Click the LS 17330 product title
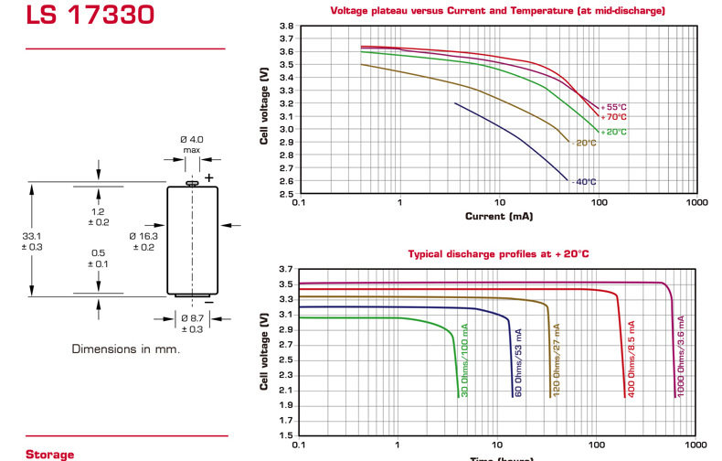tap(90, 14)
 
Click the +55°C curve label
tap(614, 107)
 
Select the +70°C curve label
tap(614, 117)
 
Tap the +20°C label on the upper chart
tap(614, 132)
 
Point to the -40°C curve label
tap(584, 182)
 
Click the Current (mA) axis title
tap(499, 216)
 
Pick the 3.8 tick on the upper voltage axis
tap(286, 26)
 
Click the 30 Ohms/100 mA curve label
tap(464, 360)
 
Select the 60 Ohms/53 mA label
tap(518, 363)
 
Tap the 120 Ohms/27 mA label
tap(557, 360)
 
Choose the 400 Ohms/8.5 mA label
tap(632, 359)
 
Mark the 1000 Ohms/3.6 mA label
tap(681, 356)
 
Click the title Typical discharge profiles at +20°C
tap(498, 254)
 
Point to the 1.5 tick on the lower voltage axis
tap(286, 435)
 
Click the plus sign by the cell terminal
tap(209, 178)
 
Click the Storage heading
tap(49, 455)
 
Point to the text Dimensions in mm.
tap(126, 349)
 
